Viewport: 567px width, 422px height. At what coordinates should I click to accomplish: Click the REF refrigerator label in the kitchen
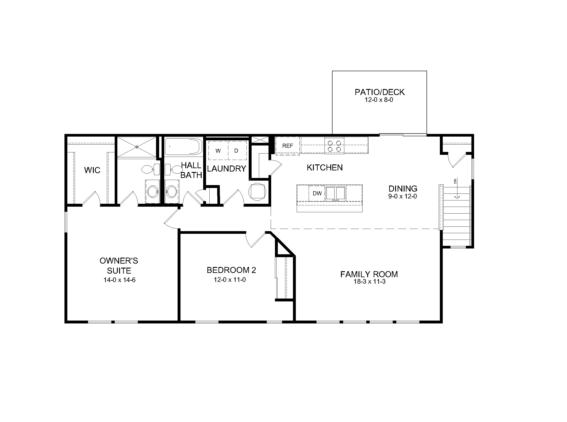coord(288,146)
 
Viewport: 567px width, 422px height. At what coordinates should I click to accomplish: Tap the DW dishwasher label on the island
coord(317,193)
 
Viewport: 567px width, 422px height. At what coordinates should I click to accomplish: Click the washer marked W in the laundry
coord(218,150)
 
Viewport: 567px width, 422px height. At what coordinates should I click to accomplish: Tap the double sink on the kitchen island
coord(335,193)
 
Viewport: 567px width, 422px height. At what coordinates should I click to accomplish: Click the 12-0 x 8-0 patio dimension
coord(379,100)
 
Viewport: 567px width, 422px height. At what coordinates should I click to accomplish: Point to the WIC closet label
coord(92,170)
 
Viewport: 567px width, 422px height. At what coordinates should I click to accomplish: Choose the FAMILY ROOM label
coord(369,274)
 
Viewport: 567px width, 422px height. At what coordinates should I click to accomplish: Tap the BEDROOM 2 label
coord(231,270)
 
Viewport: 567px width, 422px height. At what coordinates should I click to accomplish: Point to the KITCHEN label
coord(325,168)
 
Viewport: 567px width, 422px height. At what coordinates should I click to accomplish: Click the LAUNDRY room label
coord(226,169)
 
